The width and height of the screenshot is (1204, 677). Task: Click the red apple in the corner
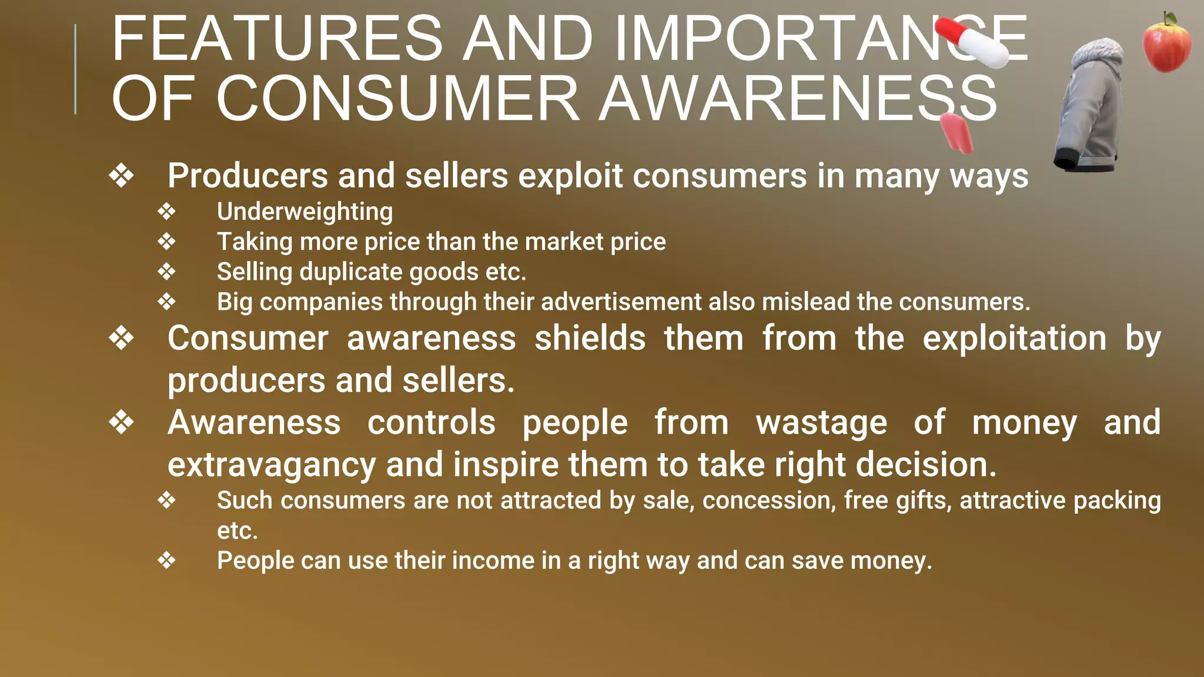[1166, 43]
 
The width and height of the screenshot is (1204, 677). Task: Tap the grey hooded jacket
[1091, 106]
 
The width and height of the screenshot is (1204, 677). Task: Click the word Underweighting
[305, 212]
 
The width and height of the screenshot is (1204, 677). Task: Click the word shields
[590, 338]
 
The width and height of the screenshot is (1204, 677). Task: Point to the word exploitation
[1014, 338]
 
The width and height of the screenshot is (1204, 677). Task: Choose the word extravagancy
[272, 465]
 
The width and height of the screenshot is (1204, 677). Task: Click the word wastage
[821, 423]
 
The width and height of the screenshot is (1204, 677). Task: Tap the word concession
[769, 501]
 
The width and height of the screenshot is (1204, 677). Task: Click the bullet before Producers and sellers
[122, 176]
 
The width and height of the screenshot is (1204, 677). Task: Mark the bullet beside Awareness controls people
[122, 423]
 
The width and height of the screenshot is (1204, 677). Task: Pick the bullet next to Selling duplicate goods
[167, 272]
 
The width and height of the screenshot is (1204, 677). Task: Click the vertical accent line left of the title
[75, 69]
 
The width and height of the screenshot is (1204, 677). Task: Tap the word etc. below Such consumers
[238, 531]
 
